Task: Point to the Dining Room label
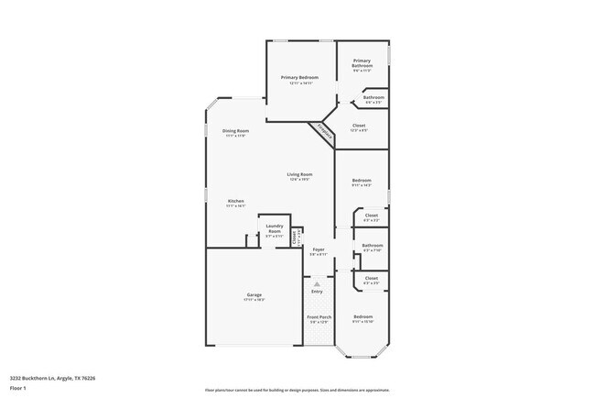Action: click(x=235, y=131)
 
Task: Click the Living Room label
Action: click(x=300, y=174)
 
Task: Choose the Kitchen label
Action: click(x=235, y=201)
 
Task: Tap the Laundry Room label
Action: click(x=274, y=228)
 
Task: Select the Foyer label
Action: click(x=318, y=249)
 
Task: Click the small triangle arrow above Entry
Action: click(x=317, y=284)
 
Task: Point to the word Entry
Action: click(x=317, y=293)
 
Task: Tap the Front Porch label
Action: click(x=318, y=317)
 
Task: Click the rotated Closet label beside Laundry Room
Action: click(x=294, y=237)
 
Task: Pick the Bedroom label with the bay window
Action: click(x=362, y=316)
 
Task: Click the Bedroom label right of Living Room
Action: click(x=362, y=180)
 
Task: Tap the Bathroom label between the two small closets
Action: click(x=372, y=245)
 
